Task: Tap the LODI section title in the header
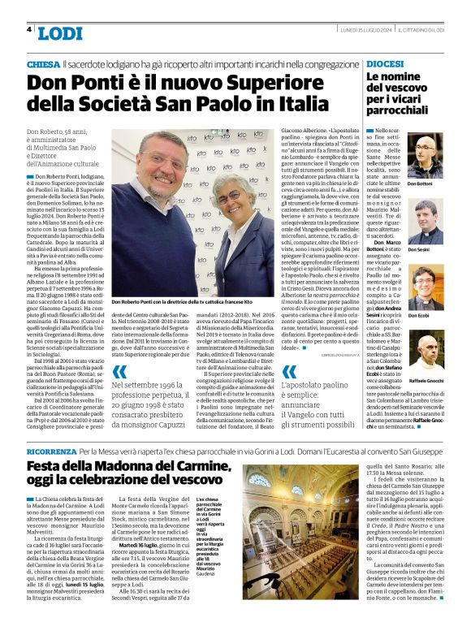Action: tap(60, 33)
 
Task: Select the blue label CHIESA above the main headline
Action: tap(43, 63)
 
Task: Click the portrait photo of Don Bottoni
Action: tap(425, 156)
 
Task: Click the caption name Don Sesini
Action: tap(418, 249)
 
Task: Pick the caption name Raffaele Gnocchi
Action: tap(425, 379)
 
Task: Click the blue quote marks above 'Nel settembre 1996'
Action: tap(120, 371)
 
